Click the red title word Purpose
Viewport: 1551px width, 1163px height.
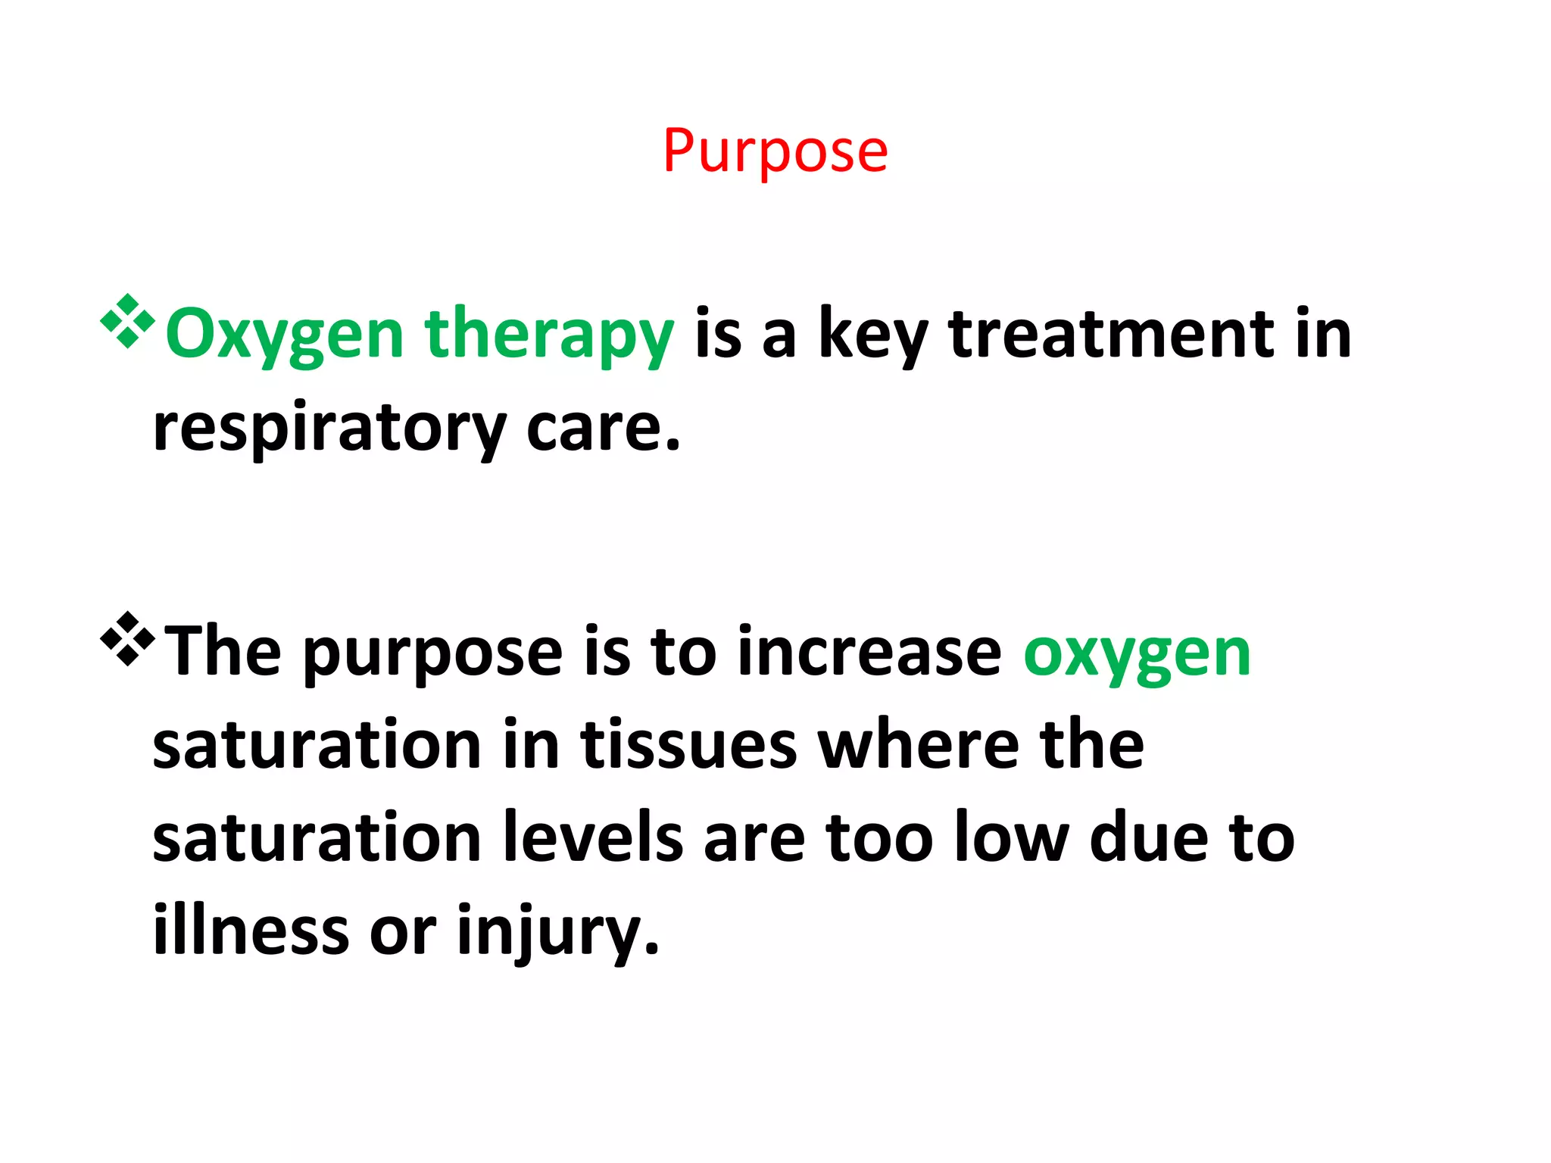(775, 151)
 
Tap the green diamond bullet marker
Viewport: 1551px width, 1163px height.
(127, 322)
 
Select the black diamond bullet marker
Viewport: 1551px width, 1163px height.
(127, 639)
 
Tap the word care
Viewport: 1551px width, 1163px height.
(603, 428)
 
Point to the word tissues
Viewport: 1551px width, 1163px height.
(688, 745)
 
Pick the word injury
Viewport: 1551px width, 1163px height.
(557, 931)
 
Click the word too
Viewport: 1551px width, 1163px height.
(879, 838)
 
